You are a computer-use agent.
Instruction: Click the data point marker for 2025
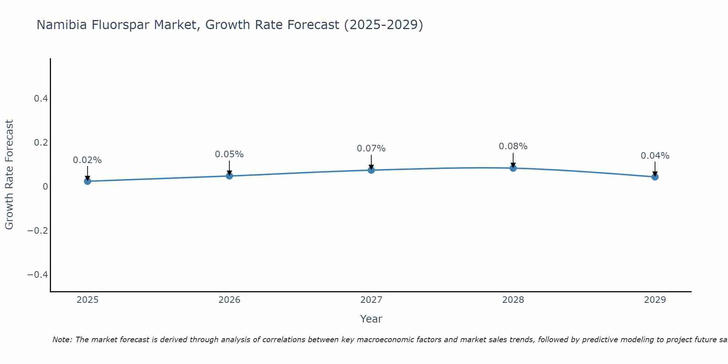87,181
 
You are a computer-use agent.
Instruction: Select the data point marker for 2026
229,176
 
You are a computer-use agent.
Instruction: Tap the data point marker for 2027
371,170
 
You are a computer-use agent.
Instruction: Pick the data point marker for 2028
513,168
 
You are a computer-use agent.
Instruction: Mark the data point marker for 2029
655,177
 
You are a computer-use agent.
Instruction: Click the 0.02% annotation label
87,160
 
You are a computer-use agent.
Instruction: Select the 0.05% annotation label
229,154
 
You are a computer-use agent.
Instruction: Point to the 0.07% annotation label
371,149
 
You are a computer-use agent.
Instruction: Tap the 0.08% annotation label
513,146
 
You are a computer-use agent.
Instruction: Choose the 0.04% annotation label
655,156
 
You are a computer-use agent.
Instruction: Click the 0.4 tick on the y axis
41,99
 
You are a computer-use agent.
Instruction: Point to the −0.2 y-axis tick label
37,230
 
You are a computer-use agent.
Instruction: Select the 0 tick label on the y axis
45,187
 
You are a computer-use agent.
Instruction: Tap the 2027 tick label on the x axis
371,300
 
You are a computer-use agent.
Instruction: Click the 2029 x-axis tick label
655,300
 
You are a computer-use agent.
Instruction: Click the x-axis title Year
371,319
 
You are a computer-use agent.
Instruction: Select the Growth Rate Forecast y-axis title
9,175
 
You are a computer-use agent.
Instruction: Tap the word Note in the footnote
62,340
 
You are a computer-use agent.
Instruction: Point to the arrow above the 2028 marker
513,159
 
